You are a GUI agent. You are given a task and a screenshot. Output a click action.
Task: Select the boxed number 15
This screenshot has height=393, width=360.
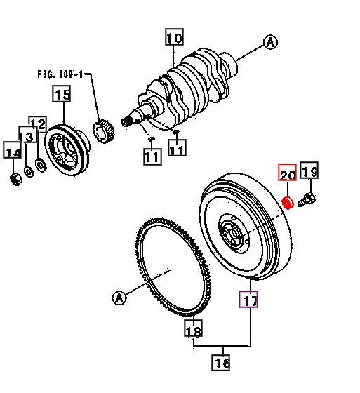tap(62, 94)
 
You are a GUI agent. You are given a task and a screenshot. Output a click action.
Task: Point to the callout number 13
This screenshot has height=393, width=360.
tap(26, 136)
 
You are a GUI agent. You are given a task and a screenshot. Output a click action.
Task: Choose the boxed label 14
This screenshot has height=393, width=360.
tap(12, 150)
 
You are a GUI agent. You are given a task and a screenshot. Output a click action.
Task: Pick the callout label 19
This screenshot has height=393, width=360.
tap(309, 171)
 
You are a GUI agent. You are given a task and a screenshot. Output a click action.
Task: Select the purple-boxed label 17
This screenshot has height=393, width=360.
tap(249, 300)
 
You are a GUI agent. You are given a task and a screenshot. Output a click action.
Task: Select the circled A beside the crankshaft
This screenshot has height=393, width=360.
tap(270, 43)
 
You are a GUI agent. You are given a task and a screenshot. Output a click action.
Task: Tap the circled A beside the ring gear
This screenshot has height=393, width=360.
tap(119, 298)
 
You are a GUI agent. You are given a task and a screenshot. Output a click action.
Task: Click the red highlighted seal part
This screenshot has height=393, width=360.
tap(286, 204)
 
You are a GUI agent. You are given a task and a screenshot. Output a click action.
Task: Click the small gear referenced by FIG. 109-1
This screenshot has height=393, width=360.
tap(103, 131)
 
